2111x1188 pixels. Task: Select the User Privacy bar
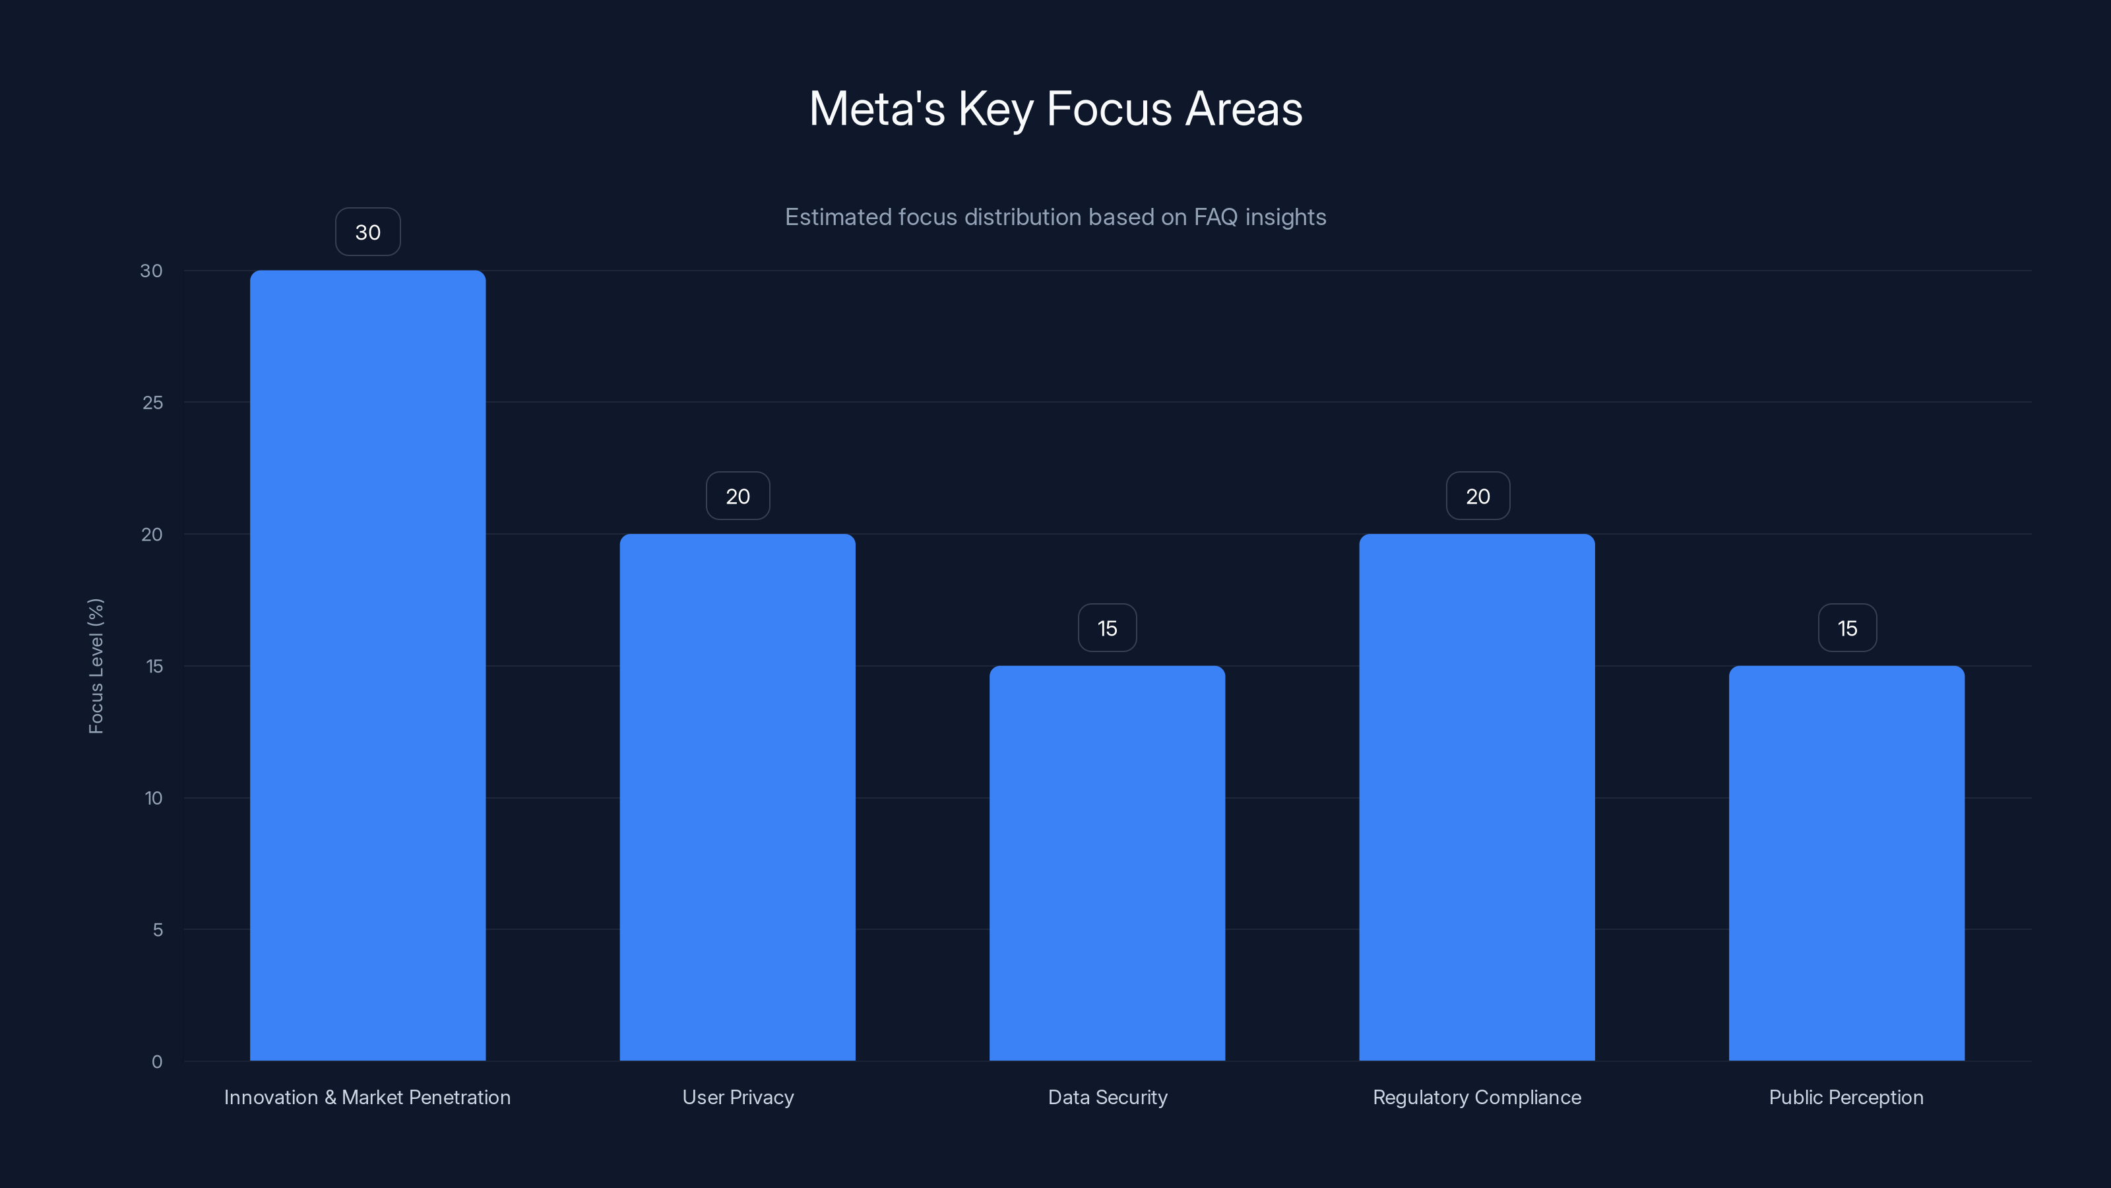pyautogui.click(x=738, y=797)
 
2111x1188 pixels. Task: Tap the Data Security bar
pyautogui.click(x=1107, y=863)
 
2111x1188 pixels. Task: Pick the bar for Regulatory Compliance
pyautogui.click(x=1477, y=797)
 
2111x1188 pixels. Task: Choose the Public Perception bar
pyautogui.click(x=1846, y=863)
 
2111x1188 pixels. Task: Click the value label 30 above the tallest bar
pyautogui.click(x=368, y=232)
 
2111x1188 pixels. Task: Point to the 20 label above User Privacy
pyautogui.click(x=738, y=496)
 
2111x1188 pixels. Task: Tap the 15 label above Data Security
pyautogui.click(x=1107, y=628)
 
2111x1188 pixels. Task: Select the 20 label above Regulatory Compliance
pyautogui.click(x=1478, y=496)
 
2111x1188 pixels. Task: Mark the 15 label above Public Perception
pyautogui.click(x=1847, y=628)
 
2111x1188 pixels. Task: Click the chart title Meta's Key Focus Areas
pyautogui.click(x=1055, y=108)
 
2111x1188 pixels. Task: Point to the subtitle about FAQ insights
pyautogui.click(x=1055, y=216)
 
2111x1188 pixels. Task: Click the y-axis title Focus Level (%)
pyautogui.click(x=96, y=666)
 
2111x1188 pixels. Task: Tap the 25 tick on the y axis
pyautogui.click(x=152, y=403)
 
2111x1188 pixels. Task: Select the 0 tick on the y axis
pyautogui.click(x=156, y=1062)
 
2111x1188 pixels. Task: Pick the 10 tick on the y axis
pyautogui.click(x=153, y=798)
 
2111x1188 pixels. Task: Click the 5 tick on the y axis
pyautogui.click(x=158, y=930)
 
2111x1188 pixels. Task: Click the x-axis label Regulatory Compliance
pyautogui.click(x=1477, y=1097)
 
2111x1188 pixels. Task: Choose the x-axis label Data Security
pyautogui.click(x=1107, y=1097)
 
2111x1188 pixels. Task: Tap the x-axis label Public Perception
pyautogui.click(x=1846, y=1097)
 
